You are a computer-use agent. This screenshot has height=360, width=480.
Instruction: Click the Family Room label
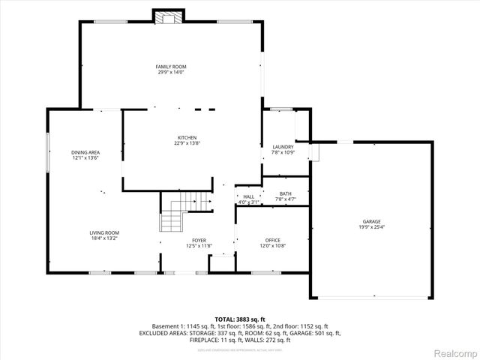click(x=170, y=67)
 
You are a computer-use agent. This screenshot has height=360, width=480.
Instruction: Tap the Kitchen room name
click(x=187, y=138)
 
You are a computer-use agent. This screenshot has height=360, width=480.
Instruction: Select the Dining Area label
click(x=85, y=152)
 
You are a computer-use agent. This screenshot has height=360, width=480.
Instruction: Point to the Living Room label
click(x=104, y=232)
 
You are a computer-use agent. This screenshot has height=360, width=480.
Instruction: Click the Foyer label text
click(x=199, y=240)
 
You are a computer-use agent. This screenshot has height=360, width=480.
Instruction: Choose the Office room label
click(x=272, y=240)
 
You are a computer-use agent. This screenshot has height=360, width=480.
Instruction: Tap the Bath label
click(x=286, y=193)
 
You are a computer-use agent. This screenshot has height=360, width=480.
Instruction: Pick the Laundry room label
click(x=283, y=147)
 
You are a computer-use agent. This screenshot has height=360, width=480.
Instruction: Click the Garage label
click(x=372, y=221)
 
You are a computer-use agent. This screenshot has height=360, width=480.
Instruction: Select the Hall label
click(x=248, y=196)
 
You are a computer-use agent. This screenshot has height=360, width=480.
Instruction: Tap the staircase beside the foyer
click(x=182, y=211)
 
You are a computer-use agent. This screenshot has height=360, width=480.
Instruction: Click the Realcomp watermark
click(x=455, y=352)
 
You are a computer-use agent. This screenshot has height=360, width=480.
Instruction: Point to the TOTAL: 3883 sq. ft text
click(x=240, y=319)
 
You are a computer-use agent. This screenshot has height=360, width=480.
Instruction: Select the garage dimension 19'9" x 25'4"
click(x=372, y=226)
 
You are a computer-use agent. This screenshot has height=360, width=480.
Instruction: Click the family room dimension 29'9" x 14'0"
click(x=170, y=72)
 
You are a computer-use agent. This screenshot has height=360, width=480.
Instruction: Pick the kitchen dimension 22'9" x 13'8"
click(x=187, y=143)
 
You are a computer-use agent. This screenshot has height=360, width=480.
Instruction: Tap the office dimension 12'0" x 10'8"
click(x=272, y=245)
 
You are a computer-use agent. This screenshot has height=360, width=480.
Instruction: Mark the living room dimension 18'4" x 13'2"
click(x=104, y=238)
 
